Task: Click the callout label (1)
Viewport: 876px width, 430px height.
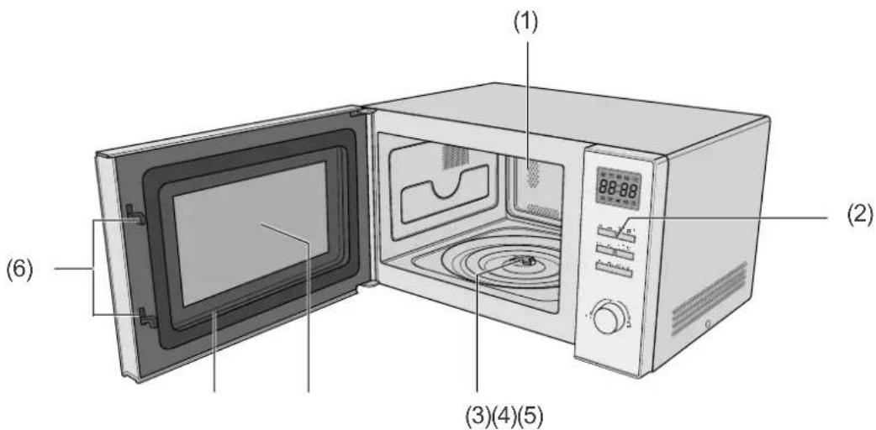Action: (x=525, y=24)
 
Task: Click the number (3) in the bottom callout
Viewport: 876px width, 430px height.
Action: (x=478, y=416)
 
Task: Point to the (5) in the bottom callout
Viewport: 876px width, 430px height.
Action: (x=530, y=416)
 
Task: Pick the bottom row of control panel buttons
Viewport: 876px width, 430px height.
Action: (x=614, y=270)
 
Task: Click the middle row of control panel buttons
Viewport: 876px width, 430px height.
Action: (x=615, y=251)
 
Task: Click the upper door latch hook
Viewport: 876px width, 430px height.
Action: (x=136, y=216)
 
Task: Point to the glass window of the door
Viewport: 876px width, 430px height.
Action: (x=250, y=233)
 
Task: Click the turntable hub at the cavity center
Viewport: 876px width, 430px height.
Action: (x=522, y=261)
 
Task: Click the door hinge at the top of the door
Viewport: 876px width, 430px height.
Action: (x=358, y=113)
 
